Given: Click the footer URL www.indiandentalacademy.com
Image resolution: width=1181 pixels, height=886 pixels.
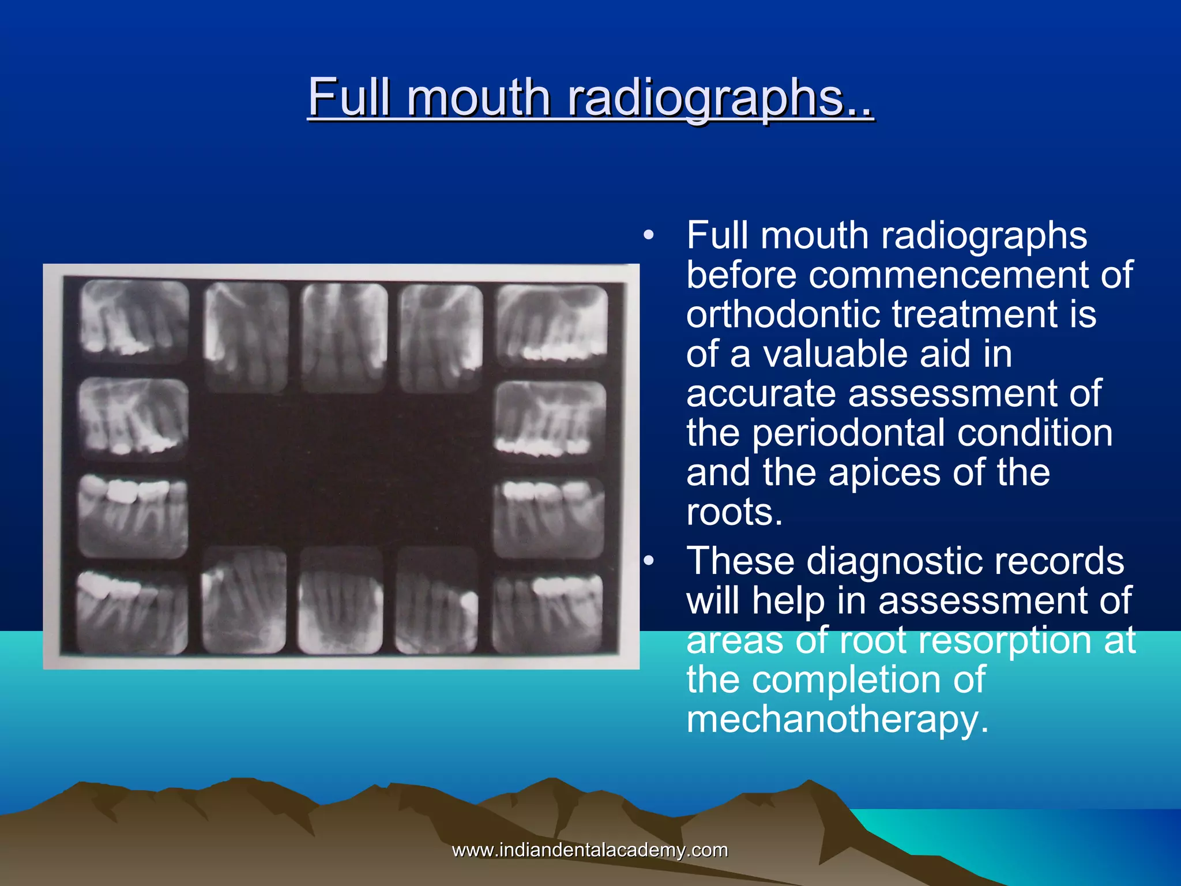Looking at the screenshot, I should (x=590, y=850).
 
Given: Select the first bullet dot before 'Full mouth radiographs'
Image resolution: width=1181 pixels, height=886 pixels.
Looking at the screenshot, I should (x=649, y=235).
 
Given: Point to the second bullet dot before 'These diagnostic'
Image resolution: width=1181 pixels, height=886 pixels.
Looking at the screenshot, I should (x=649, y=561).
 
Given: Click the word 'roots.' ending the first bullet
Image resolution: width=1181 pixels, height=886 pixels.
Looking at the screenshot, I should (x=734, y=512).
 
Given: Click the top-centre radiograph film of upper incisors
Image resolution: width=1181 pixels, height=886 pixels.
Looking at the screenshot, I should (x=344, y=337).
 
